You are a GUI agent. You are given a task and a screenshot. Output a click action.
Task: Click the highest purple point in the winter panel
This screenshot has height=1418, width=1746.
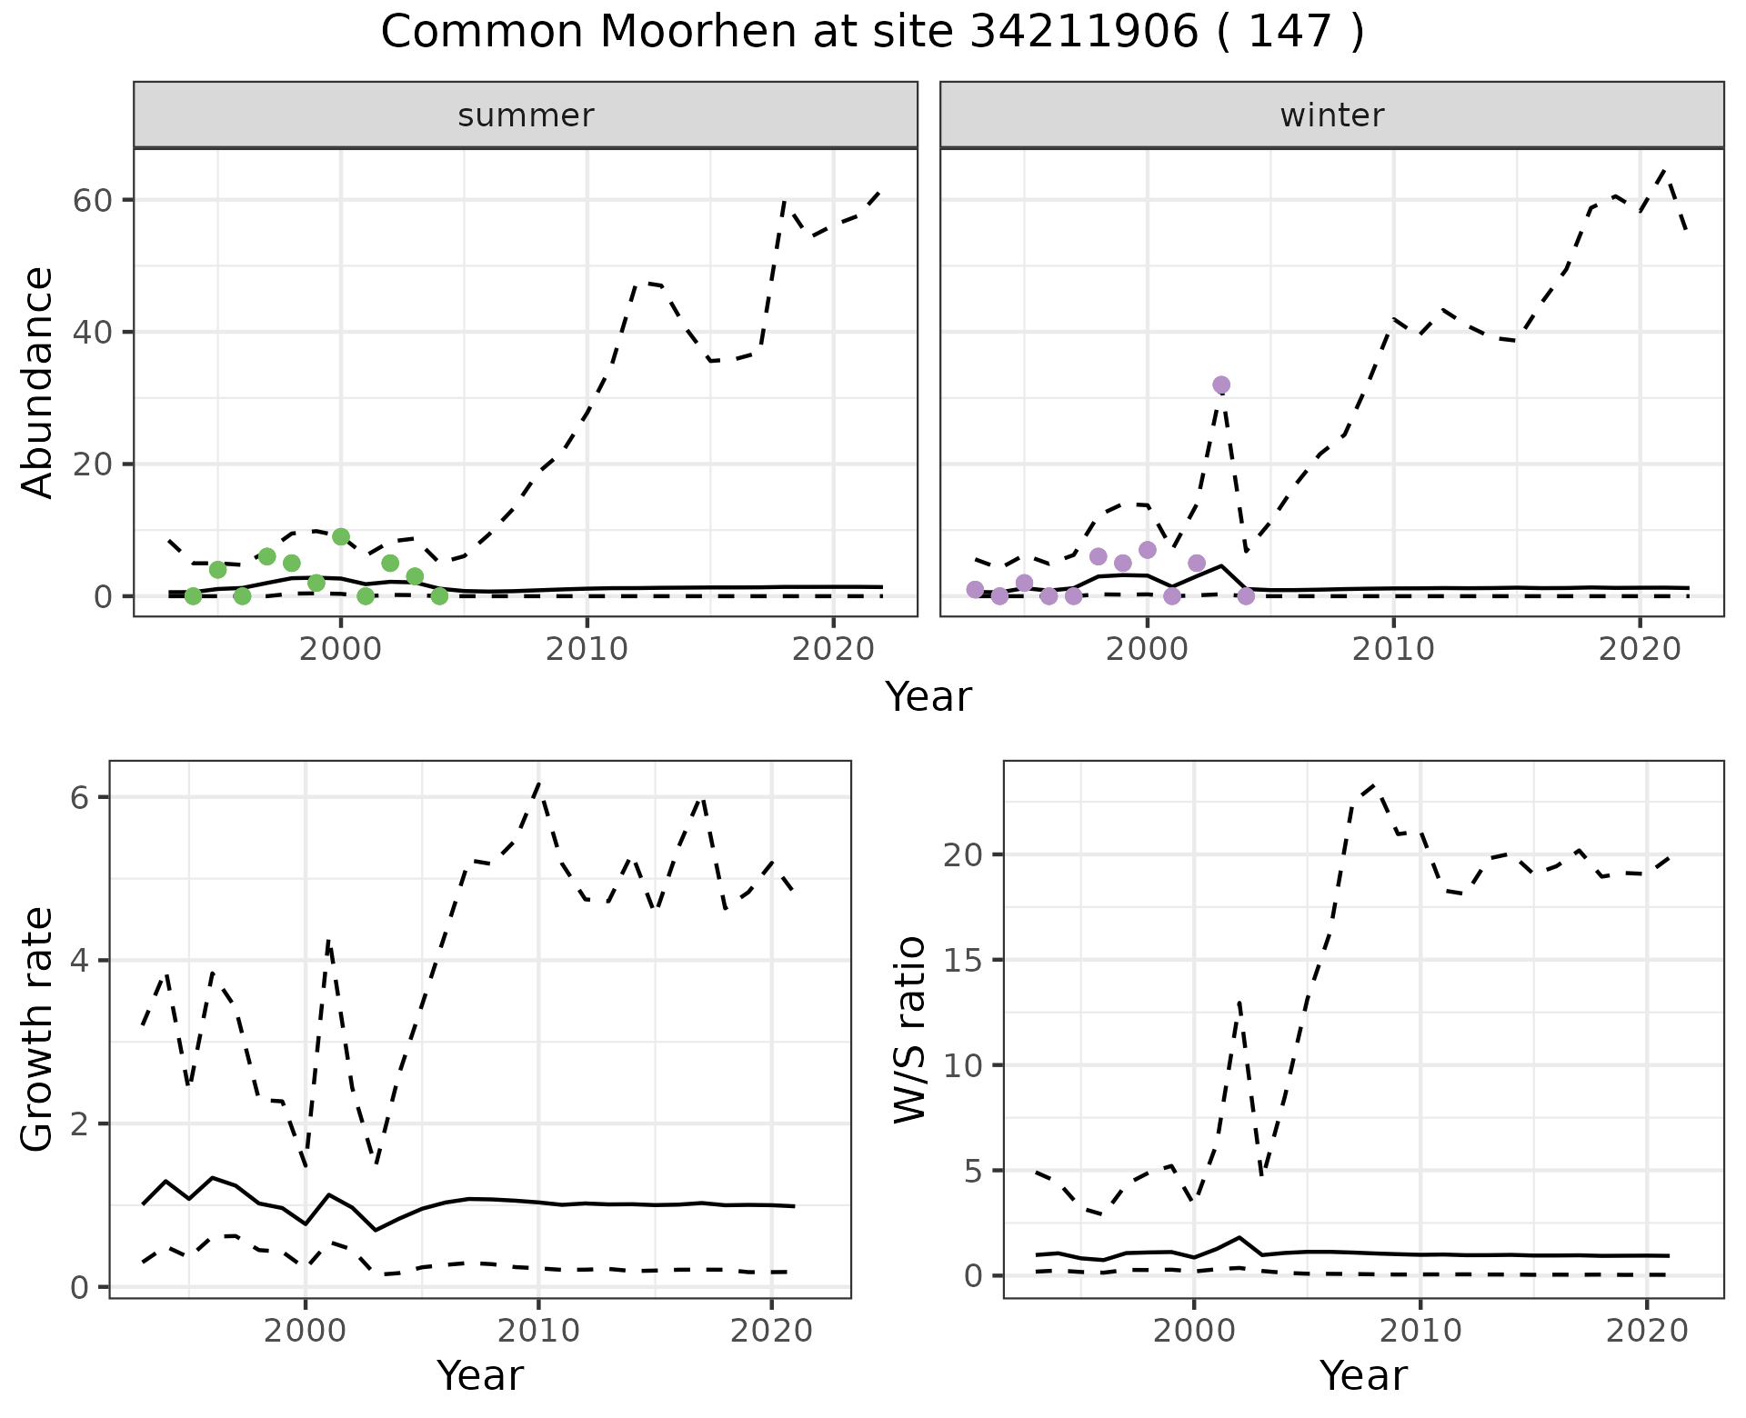point(1221,385)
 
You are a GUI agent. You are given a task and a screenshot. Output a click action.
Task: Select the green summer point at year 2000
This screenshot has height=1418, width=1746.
point(341,537)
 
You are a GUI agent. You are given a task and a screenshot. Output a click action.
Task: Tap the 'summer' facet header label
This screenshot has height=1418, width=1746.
point(526,115)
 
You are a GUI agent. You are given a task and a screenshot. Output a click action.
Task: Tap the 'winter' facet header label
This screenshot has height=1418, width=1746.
point(1331,115)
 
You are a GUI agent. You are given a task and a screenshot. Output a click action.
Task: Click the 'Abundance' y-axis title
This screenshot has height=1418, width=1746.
point(38,382)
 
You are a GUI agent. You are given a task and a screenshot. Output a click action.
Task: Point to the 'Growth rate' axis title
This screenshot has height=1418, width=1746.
point(38,1029)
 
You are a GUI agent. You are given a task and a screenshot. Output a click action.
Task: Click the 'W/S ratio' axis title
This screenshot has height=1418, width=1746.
point(909,1029)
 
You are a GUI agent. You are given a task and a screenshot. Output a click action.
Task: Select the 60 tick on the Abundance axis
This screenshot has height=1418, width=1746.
point(91,200)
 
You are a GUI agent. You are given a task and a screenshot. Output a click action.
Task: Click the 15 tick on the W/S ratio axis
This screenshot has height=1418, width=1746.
point(965,961)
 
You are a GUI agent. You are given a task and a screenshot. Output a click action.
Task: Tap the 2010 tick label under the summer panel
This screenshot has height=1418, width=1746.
point(587,649)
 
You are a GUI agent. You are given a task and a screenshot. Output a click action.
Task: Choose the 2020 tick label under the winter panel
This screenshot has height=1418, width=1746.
point(1639,649)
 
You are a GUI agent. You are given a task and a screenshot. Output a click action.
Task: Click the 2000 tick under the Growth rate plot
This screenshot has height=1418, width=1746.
point(306,1332)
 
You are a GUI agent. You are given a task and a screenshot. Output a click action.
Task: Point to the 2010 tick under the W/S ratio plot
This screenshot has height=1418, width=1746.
point(1420,1332)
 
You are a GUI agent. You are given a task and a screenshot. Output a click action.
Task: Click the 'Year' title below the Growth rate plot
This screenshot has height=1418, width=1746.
point(480,1375)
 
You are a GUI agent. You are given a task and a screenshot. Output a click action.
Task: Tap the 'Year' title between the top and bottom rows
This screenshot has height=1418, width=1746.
point(928,697)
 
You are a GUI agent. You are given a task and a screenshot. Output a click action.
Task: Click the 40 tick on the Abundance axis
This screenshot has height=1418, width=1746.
point(91,333)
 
